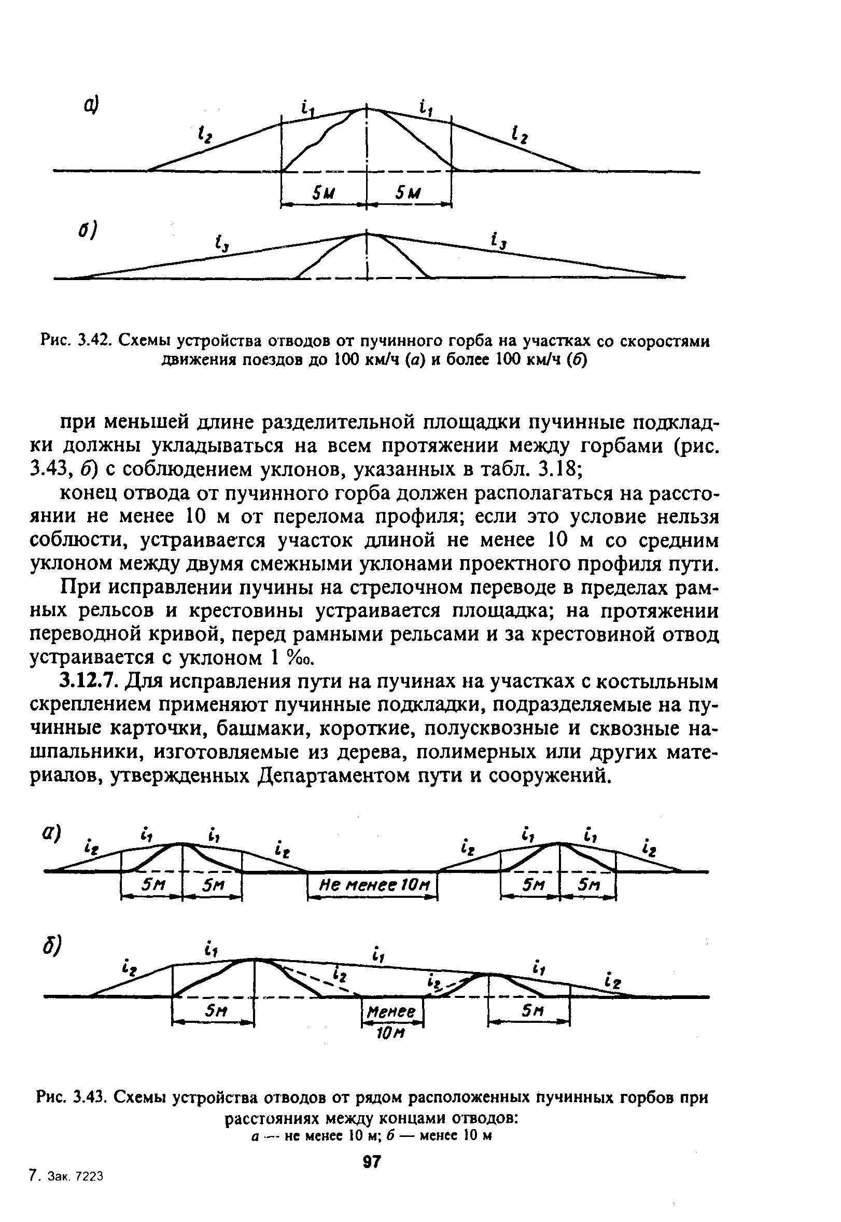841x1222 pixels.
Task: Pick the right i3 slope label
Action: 498,242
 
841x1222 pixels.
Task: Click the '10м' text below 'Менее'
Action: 390,1033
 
